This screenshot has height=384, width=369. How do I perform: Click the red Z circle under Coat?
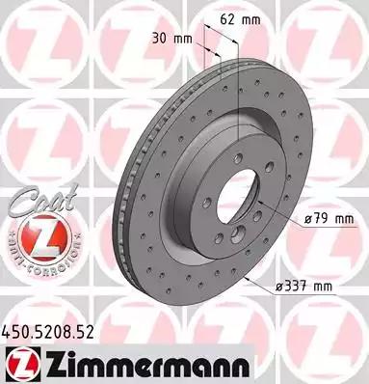click(37, 230)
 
